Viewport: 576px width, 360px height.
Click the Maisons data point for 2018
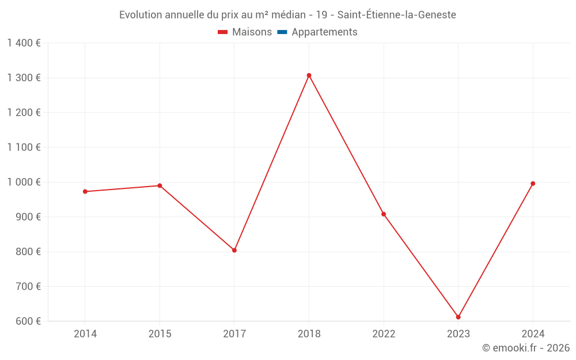click(x=309, y=75)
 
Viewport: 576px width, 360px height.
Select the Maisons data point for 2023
click(x=458, y=317)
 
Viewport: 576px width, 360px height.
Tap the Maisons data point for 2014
click(x=85, y=191)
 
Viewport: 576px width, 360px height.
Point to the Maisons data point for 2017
click(x=234, y=250)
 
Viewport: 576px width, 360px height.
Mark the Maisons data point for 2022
click(x=384, y=214)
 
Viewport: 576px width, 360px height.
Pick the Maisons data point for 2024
click(x=533, y=184)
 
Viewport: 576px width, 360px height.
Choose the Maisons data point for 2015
click(x=160, y=185)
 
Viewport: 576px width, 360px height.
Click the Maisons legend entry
click(x=245, y=32)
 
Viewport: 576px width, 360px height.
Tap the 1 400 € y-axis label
click(x=24, y=43)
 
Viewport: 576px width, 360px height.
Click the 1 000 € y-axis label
click(x=24, y=182)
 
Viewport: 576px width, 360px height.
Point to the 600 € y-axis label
click(x=28, y=321)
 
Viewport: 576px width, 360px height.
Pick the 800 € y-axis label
click(x=28, y=252)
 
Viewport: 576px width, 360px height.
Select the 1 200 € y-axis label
click(x=24, y=112)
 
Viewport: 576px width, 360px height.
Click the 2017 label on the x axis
click(x=234, y=334)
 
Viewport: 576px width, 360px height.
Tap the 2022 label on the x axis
click(x=384, y=334)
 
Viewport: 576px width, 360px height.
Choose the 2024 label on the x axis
click(x=533, y=334)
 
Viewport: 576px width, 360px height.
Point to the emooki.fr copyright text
click(x=526, y=348)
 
